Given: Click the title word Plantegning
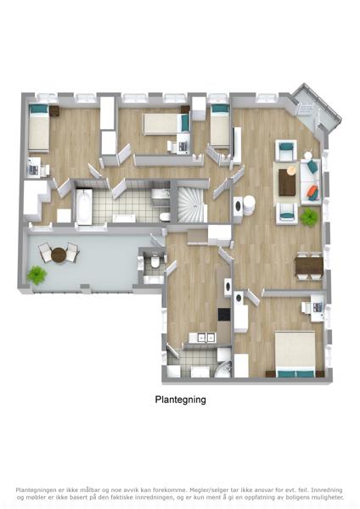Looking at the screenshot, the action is (180, 400).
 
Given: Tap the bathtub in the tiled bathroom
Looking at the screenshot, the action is (84, 206).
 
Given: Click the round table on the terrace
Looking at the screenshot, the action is (59, 255).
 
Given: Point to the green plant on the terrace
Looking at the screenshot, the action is (37, 275).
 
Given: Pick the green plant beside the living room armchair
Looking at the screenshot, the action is (309, 217).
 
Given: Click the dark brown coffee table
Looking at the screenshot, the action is (288, 182).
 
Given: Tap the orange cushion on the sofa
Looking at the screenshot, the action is (312, 193).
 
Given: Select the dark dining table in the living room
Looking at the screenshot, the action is (309, 266).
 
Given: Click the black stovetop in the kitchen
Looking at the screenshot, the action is (224, 314).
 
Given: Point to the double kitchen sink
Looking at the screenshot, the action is (202, 338).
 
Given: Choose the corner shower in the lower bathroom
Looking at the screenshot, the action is (223, 369).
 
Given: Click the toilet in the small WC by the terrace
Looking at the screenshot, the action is (155, 261).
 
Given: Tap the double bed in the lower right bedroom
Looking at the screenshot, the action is (295, 354).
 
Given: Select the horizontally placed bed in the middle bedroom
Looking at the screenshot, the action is (166, 124).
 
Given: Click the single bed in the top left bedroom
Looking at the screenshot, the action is (39, 127).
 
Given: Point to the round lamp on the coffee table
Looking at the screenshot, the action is (291, 171).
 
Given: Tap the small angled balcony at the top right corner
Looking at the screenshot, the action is (314, 109).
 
